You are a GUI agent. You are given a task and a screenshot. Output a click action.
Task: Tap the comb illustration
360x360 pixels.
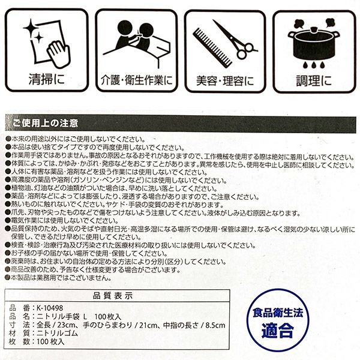tap(212, 48)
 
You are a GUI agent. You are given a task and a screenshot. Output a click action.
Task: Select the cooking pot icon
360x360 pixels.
tap(313, 43)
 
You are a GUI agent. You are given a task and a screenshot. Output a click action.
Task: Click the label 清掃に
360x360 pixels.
tap(47, 79)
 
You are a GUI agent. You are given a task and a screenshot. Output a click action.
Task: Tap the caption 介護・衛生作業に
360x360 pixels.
tap(137, 80)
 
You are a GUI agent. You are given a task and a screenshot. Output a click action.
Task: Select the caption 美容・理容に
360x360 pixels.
tap(225, 80)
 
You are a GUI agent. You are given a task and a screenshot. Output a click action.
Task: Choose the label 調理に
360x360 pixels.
tap(314, 81)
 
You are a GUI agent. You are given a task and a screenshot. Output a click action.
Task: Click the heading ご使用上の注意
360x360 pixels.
tap(45, 123)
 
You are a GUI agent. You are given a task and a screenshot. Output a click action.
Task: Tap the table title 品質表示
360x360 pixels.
tap(113, 296)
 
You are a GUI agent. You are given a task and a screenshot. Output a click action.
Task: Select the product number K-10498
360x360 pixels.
tap(50, 308)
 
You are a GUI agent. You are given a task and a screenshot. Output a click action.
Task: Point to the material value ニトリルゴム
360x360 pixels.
tap(58, 333)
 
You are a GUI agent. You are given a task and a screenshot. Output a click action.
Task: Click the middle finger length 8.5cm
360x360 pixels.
tap(215, 325)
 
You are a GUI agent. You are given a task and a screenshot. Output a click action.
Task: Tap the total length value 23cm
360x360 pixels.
tap(66, 325)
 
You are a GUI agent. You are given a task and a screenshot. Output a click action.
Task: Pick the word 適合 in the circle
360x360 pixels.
tap(278, 330)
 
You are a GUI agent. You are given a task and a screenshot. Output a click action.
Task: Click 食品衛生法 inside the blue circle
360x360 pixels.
tap(278, 313)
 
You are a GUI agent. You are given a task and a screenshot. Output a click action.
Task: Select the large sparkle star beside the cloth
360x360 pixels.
tap(30, 28)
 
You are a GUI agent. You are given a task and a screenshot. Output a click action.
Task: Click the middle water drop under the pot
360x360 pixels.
tap(313, 65)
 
